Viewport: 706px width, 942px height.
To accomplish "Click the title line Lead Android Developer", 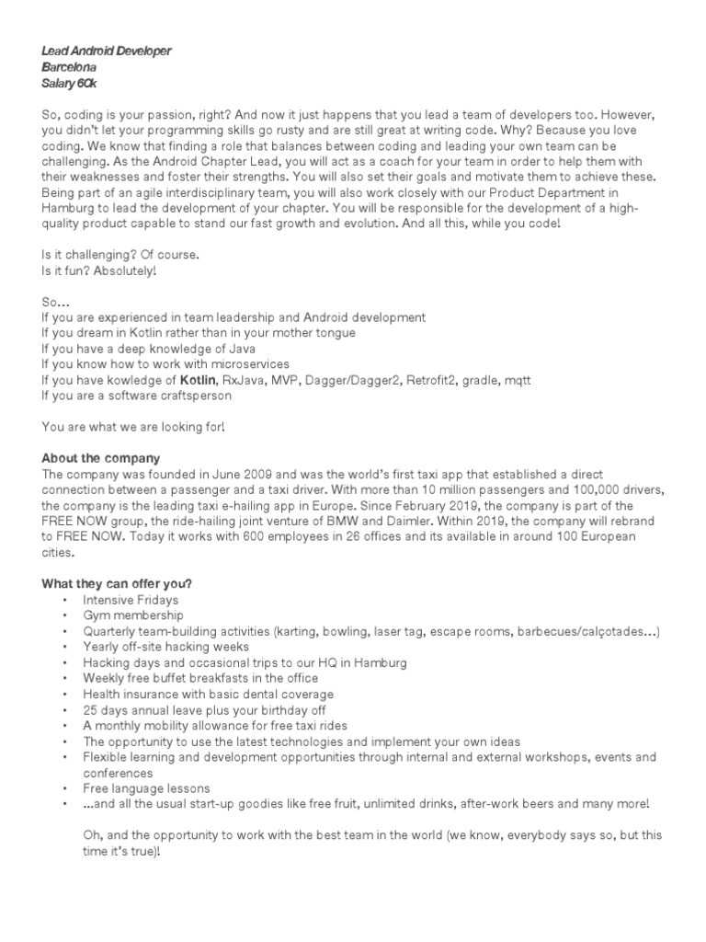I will [x=106, y=52].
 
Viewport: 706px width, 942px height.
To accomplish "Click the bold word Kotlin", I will [x=197, y=380].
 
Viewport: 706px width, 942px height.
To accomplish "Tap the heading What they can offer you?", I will [x=117, y=584].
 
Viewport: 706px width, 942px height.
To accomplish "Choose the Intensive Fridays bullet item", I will [x=131, y=600].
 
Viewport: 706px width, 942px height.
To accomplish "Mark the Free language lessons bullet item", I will [x=146, y=788].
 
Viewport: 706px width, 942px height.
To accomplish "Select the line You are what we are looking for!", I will [x=132, y=427].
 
